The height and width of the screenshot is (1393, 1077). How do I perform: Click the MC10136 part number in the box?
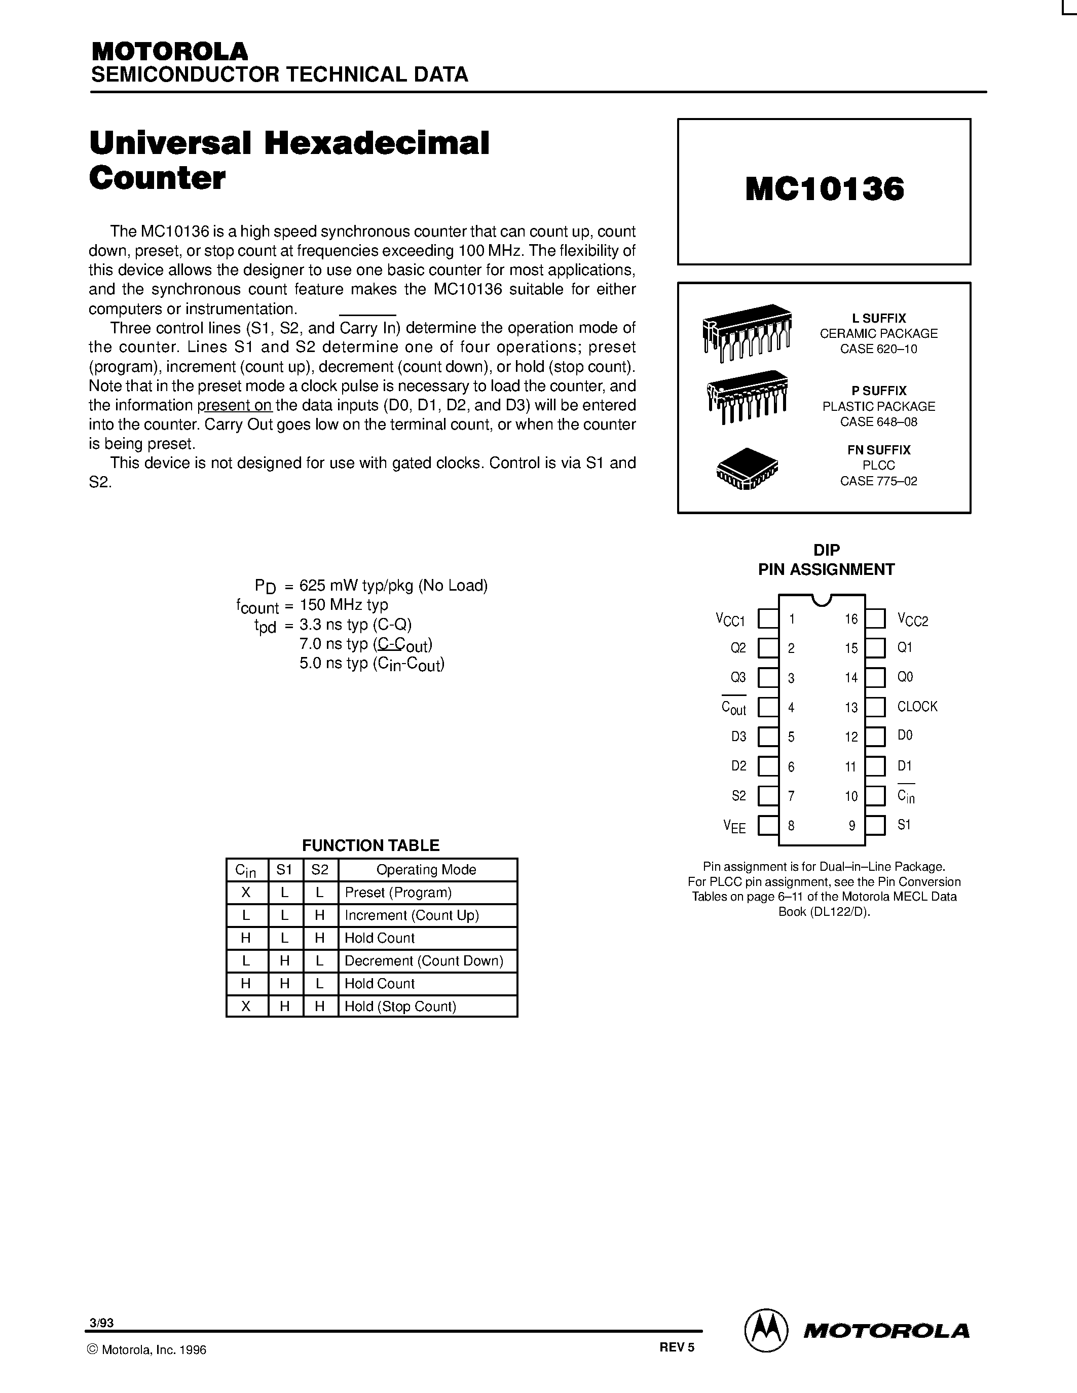click(x=824, y=189)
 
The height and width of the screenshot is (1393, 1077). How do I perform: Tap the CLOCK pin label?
click(x=917, y=707)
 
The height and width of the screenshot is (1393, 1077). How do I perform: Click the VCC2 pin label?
click(x=912, y=620)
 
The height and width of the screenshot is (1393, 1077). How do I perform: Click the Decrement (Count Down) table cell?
click(x=424, y=960)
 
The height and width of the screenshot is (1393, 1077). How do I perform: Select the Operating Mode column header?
click(x=426, y=870)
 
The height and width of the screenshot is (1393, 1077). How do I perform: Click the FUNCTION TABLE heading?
click(x=370, y=845)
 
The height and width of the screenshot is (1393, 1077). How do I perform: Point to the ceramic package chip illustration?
click(x=747, y=332)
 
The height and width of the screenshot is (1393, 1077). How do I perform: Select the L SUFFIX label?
click(x=878, y=318)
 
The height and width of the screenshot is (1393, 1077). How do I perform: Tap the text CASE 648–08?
click(x=878, y=421)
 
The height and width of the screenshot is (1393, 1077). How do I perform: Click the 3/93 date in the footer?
click(x=102, y=1323)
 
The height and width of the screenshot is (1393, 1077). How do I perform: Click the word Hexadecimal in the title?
click(x=377, y=143)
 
